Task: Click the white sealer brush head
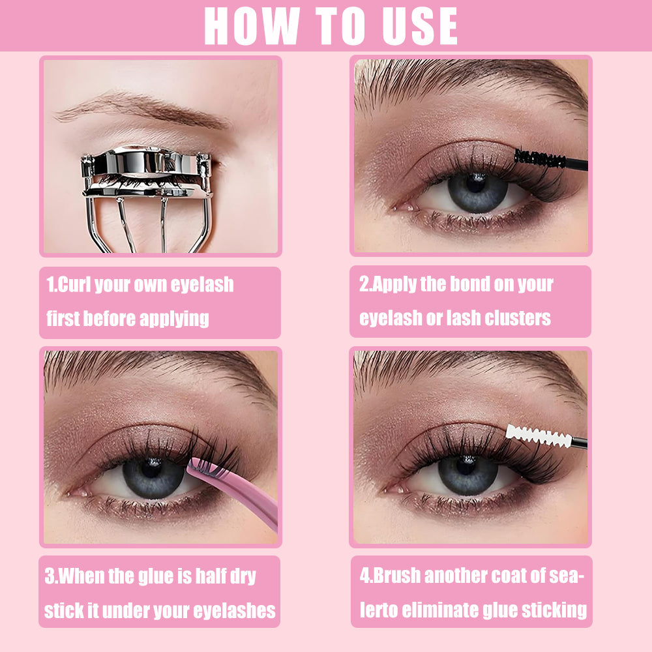[x=539, y=436]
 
